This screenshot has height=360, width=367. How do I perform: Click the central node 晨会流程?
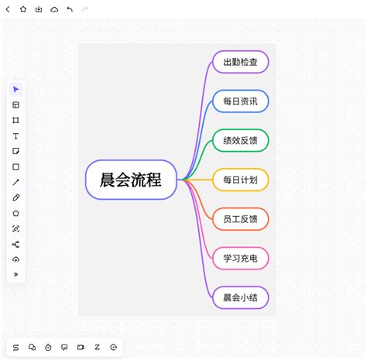(131, 180)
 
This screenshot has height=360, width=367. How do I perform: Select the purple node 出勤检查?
(241, 62)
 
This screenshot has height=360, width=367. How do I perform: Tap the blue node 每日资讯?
(241, 101)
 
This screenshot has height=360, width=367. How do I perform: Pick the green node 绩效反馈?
(241, 140)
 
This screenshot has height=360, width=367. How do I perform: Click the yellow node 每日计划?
(241, 180)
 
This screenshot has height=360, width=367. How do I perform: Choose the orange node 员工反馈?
(241, 219)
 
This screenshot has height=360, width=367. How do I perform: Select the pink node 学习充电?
(241, 258)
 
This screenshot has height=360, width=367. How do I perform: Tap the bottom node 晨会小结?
(241, 297)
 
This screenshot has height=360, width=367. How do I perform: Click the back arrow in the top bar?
(8, 9)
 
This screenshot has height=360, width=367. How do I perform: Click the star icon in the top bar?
(23, 9)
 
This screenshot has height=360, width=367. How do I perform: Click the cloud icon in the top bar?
(54, 10)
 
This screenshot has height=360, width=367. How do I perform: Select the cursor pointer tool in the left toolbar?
(15, 89)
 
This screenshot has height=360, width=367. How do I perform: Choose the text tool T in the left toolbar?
(15, 136)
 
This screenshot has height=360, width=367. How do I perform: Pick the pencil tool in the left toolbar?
(15, 197)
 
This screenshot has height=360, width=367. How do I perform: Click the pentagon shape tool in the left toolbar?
(15, 214)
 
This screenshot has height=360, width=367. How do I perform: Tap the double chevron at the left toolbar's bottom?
(15, 274)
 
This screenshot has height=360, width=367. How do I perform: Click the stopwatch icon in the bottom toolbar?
(48, 348)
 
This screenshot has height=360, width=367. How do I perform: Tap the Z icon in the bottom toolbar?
(97, 347)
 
